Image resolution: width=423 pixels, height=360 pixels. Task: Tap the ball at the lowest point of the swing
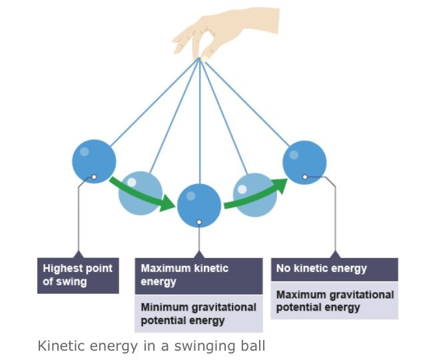[x=199, y=205]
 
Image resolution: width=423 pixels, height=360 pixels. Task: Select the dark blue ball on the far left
[x=94, y=160]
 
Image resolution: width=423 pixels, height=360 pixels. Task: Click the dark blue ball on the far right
[x=304, y=162]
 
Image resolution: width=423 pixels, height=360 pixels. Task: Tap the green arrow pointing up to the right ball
[x=257, y=193]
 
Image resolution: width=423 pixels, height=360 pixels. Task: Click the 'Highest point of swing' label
[x=78, y=275]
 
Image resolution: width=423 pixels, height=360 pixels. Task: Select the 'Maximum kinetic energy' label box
[x=199, y=275]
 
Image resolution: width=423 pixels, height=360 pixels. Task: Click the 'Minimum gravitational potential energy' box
[x=199, y=314]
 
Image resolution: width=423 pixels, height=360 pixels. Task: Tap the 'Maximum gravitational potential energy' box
[x=334, y=301]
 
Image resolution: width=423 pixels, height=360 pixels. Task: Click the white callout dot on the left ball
[x=94, y=177]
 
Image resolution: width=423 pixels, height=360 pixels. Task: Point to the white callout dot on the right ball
[x=304, y=177]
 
